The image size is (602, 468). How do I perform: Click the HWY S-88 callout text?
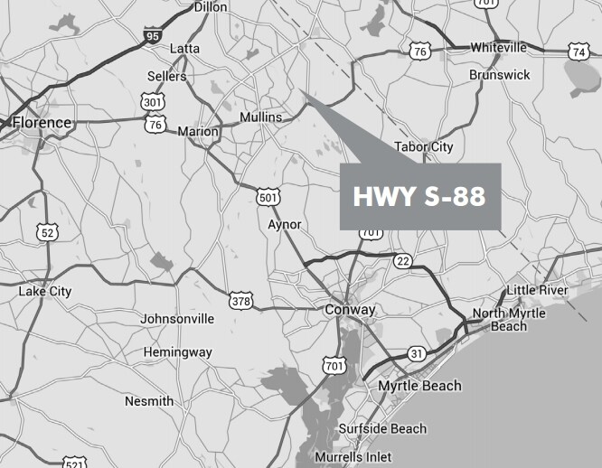tap(419, 196)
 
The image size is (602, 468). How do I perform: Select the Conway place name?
tap(350, 310)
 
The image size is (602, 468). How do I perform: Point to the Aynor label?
tap(285, 224)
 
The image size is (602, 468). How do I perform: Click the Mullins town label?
tap(261, 117)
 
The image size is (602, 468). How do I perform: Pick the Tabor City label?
tap(423, 146)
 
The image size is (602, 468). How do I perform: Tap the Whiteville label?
tap(498, 48)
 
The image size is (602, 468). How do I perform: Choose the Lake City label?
tap(45, 292)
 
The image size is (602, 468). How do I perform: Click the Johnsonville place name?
tap(177, 319)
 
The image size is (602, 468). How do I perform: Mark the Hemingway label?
tap(178, 351)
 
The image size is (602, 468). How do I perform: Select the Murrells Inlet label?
tap(353, 458)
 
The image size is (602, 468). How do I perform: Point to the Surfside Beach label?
tap(382, 428)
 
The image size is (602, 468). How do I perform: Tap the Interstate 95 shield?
tap(152, 37)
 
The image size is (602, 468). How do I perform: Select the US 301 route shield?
tap(152, 103)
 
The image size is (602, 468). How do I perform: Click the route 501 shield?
tap(268, 196)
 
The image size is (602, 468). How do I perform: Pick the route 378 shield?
tap(240, 300)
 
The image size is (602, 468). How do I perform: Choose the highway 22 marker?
tap(403, 261)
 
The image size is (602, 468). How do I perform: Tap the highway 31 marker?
tap(416, 352)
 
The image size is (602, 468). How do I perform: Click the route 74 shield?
tap(579, 51)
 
